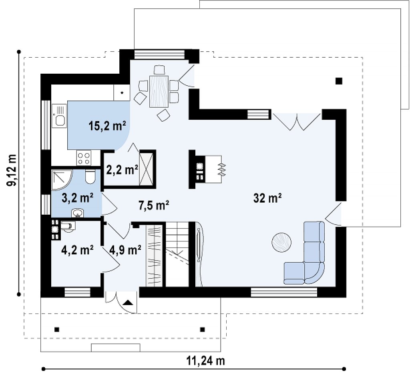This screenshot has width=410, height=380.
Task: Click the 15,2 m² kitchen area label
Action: click(107, 126)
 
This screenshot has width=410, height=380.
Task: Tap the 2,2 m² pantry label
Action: click(122, 170)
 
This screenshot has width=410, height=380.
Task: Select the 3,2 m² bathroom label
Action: click(78, 198)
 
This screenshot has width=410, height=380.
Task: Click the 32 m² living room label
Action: click(267, 198)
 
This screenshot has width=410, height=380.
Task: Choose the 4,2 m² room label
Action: click(77, 250)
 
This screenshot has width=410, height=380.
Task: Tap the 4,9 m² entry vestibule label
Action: click(125, 250)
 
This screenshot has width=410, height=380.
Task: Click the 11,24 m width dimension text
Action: click(205, 361)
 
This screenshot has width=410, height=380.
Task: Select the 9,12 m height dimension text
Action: click(12, 171)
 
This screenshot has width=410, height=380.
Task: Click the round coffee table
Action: click(281, 242)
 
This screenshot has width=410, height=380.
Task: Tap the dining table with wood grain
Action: click(159, 91)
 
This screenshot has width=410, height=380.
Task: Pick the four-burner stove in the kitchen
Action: click(84, 158)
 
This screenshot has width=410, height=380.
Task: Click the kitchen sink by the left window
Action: click(59, 116)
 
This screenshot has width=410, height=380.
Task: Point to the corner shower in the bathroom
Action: click(62, 180)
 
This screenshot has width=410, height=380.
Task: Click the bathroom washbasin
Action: click(77, 213)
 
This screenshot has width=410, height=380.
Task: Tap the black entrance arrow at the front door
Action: click(128, 303)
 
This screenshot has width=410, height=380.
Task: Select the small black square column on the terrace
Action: click(339, 81)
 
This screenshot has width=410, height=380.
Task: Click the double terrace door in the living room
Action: click(297, 122)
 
